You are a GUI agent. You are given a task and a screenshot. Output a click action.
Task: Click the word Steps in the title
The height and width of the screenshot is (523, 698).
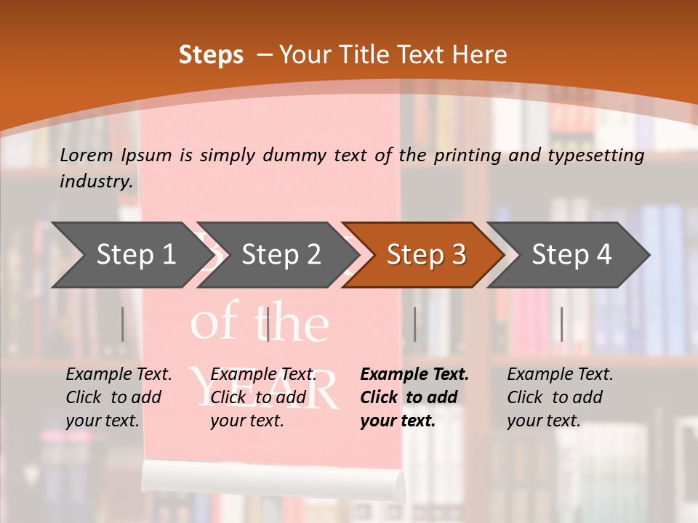click(x=211, y=55)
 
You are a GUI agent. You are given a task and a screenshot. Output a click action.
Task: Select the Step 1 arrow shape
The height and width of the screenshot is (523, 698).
click(x=127, y=255)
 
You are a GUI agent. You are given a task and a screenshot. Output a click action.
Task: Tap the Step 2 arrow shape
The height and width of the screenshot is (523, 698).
click(x=276, y=255)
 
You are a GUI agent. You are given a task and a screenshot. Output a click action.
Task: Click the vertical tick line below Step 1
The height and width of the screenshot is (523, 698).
click(x=122, y=324)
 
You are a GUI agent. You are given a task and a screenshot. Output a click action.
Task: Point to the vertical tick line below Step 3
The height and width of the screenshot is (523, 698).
click(x=414, y=324)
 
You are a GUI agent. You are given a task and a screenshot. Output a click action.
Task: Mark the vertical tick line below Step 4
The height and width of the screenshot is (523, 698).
click(x=561, y=324)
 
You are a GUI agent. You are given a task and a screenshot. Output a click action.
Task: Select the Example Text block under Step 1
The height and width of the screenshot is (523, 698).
click(x=119, y=397)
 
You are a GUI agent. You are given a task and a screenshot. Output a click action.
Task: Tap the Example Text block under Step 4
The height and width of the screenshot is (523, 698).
click(x=560, y=397)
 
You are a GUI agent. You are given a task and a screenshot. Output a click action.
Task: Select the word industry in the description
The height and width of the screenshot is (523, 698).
click(x=95, y=181)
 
